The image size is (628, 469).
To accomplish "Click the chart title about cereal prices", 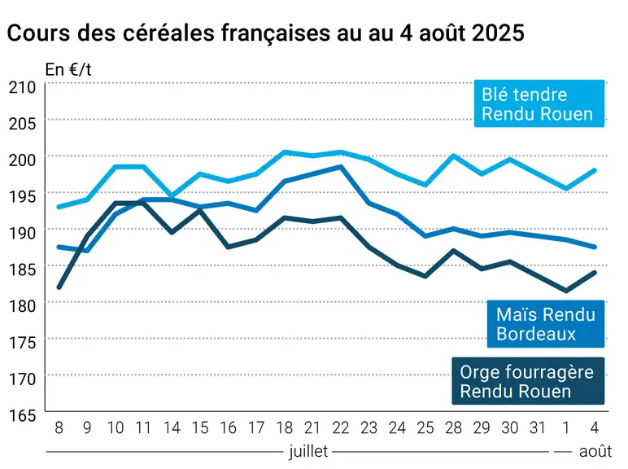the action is coord(265,33).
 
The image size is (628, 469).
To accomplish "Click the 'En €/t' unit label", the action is coord(68,70).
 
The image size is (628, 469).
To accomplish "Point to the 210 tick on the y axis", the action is coord(23,87).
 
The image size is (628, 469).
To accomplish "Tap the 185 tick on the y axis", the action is coord(23,270).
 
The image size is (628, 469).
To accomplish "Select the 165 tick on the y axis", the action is coord(23,415).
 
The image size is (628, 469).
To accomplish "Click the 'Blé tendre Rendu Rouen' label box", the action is coord(539,103).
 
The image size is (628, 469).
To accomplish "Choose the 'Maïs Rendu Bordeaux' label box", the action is coord(546,324).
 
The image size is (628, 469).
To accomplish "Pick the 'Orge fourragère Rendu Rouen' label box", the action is coord(528,381).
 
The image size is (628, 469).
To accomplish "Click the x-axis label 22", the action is coord(341,427).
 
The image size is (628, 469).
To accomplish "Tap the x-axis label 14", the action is coord(172,427).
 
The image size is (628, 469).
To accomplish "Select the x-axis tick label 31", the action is coord(538,427).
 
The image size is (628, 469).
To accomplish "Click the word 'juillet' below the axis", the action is coord(308,451).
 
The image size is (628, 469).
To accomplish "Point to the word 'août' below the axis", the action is coord(595,451).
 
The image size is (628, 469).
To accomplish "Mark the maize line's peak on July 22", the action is coord(341,166).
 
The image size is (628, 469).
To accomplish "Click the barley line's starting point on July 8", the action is coord(59,287).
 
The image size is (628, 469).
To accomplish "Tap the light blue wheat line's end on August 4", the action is coord(595,171).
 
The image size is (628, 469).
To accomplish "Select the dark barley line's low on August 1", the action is coord(566,291).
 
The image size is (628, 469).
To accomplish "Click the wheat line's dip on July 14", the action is coord(172,196).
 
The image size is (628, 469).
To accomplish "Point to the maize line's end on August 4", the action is coord(595,247).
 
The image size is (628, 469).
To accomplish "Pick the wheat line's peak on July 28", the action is coord(453,156).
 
